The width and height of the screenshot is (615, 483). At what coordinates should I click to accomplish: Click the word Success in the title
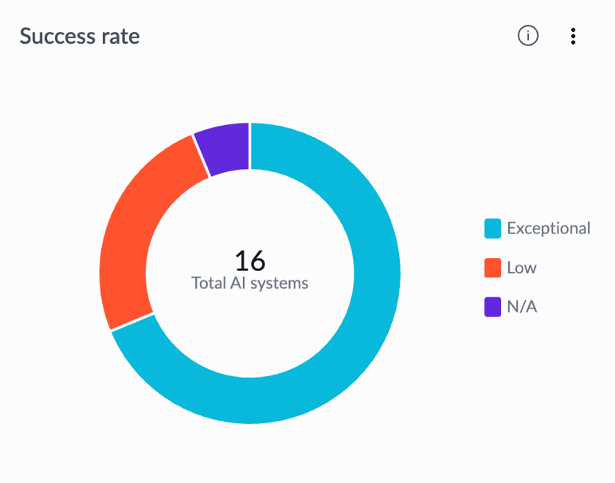pos(57,36)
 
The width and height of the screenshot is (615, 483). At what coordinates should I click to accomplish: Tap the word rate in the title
pos(121,37)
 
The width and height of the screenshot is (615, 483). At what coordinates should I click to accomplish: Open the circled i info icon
pos(528,36)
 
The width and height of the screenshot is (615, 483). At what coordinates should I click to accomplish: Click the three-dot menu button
pos(573,36)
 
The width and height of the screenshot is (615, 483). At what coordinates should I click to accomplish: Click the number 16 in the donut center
pos(250,261)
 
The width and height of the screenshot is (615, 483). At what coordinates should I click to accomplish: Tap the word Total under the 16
pos(208,283)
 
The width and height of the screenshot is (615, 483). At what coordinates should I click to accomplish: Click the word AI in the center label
pos(237,283)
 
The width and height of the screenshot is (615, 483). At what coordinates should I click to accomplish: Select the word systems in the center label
pos(280,283)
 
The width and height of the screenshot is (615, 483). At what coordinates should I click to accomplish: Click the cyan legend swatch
pos(492,229)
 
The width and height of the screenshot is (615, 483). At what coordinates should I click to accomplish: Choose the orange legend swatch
pos(492,268)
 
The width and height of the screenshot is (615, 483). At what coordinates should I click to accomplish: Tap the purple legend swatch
pos(492,306)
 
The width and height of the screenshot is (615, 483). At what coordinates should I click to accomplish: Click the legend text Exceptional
pos(549,229)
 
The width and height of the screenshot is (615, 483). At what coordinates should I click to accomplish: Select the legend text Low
pos(522,268)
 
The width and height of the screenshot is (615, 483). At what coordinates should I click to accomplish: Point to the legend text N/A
pos(522,306)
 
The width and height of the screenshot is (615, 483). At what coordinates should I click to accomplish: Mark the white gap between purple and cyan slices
pos(250,146)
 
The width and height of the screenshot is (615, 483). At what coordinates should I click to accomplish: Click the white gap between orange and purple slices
pos(202,156)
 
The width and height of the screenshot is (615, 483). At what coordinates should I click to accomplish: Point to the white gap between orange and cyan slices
pos(132,322)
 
